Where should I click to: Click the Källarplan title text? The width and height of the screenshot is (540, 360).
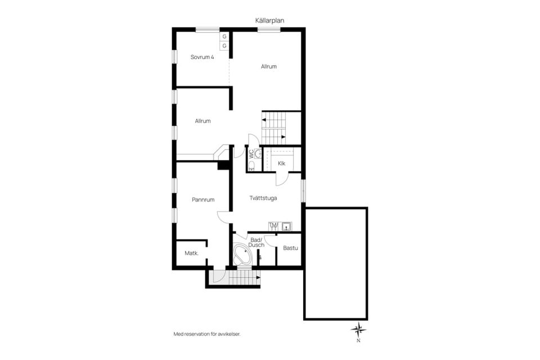pyautogui.click(x=269, y=21)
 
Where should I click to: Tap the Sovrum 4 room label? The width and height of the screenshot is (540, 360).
pyautogui.click(x=202, y=57)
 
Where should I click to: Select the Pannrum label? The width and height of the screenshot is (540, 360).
pyautogui.click(x=203, y=200)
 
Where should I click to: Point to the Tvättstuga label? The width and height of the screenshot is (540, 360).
pyautogui.click(x=263, y=198)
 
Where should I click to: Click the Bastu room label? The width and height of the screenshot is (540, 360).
pyautogui.click(x=290, y=248)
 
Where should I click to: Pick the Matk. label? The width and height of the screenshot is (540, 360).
pyautogui.click(x=191, y=253)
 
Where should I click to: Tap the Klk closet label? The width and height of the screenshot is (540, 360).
pyautogui.click(x=281, y=163)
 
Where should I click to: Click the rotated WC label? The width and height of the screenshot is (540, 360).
pyautogui.click(x=251, y=154)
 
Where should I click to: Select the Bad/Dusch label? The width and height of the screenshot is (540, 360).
pyautogui.click(x=256, y=242)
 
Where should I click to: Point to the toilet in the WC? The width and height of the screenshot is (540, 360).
pyautogui.click(x=251, y=166)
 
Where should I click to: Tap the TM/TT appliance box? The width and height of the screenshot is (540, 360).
pyautogui.click(x=274, y=226)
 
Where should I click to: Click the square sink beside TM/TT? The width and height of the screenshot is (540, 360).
pyautogui.click(x=286, y=226)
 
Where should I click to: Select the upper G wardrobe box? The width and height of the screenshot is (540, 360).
pyautogui.click(x=224, y=37)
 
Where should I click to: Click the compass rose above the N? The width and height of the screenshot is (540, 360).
pyautogui.click(x=358, y=330)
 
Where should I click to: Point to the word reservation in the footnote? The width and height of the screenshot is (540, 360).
pyautogui.click(x=197, y=334)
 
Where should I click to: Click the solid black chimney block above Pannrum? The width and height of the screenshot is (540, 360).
pyautogui.click(x=223, y=165)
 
